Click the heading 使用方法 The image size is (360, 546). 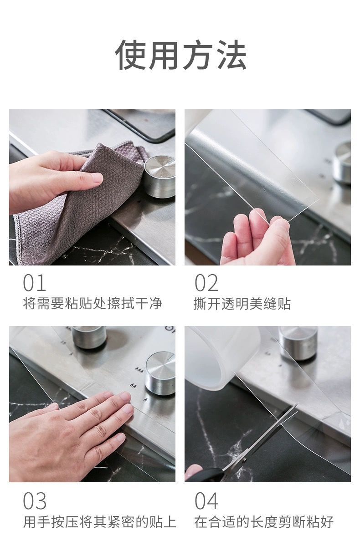pos(180,55)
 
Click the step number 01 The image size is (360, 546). pos(35,283)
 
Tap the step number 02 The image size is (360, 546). pos(206,283)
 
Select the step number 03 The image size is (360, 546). pos(35,501)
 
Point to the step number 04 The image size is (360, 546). pos(206,501)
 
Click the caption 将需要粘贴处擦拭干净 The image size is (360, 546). pos(93,304)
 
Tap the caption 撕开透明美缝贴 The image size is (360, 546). pos(242,304)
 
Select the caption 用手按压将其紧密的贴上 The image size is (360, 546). pos(99,521)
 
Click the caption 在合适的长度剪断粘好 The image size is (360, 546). pos(264,521)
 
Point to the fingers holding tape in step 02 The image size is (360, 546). pos(257,239)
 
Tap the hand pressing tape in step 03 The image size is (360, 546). pos(68,433)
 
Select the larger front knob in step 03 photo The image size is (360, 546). pos(160,372)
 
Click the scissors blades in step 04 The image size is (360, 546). pos(269,433)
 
